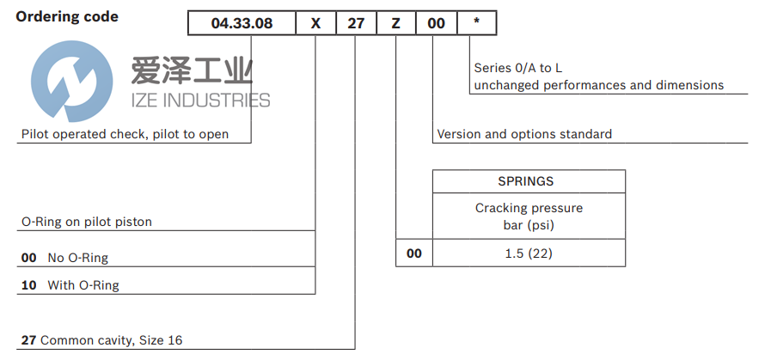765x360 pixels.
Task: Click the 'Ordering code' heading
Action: coord(67,17)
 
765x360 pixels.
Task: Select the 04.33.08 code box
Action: coord(242,24)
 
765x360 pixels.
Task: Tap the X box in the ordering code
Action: coord(315,24)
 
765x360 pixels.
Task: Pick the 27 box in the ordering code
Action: coord(355,24)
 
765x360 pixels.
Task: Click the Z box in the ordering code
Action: coord(395,24)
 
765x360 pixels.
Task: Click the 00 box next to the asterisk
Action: coord(437,24)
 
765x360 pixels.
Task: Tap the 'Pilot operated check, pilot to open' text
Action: coord(125,134)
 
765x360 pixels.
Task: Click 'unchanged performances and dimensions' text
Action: coord(598,85)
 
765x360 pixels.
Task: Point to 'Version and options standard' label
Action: coord(524,134)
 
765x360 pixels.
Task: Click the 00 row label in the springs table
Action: coord(413,254)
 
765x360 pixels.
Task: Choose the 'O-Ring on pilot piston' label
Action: coord(86,222)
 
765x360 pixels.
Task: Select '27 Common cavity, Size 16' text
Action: coord(101,340)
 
